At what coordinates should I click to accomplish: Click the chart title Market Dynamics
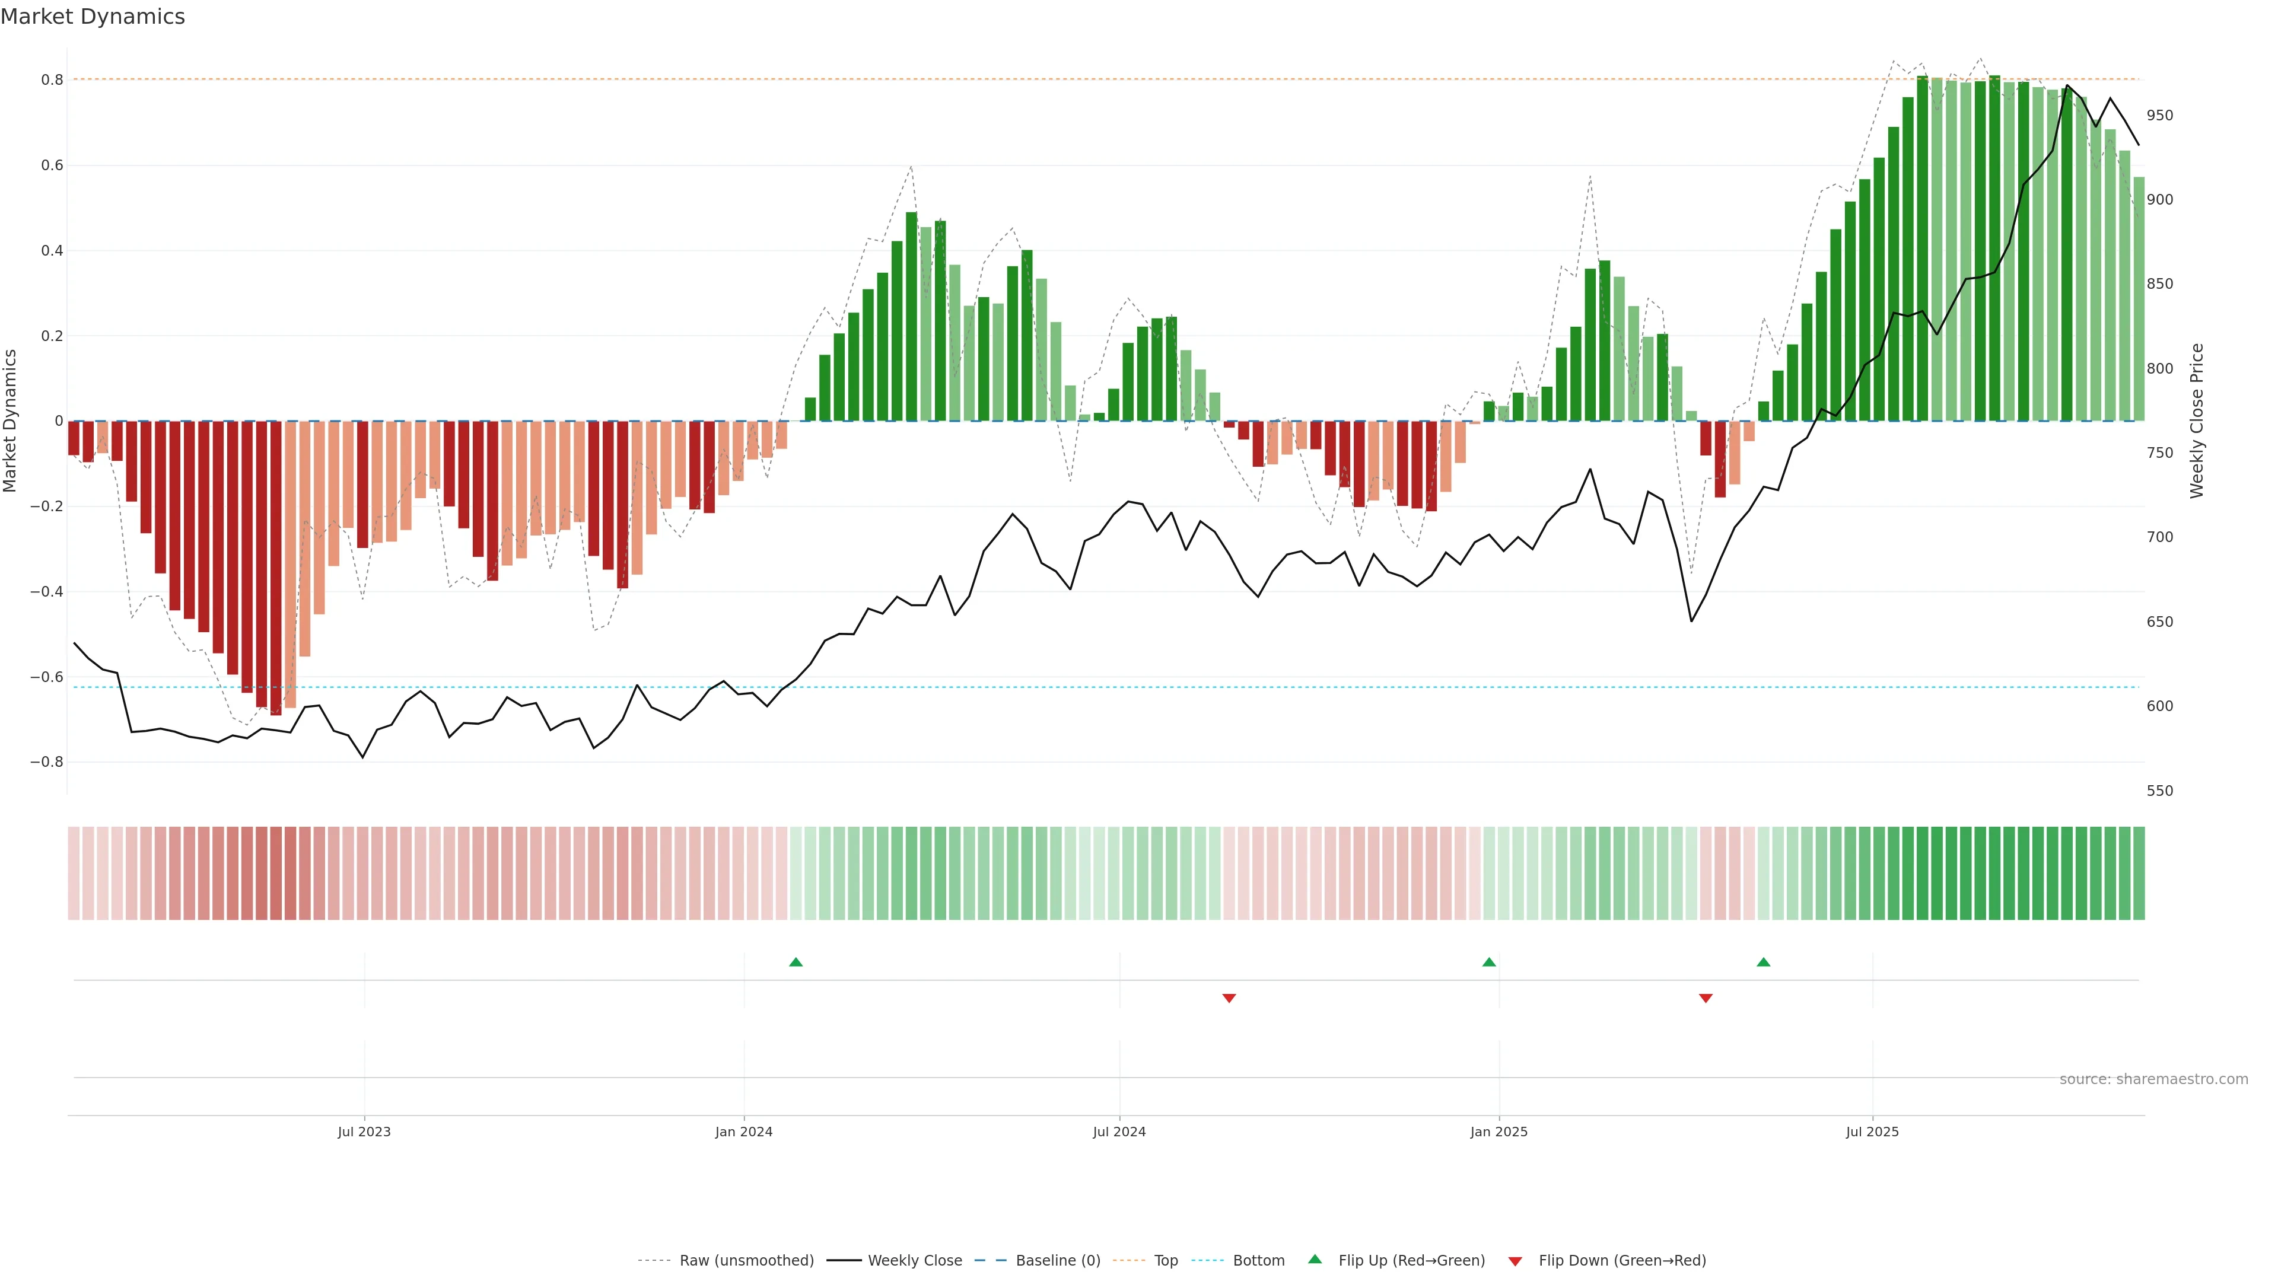tap(93, 17)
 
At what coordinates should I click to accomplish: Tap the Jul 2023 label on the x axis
tap(364, 1132)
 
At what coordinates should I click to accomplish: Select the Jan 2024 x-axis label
tap(744, 1132)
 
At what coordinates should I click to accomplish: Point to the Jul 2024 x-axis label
tap(1119, 1132)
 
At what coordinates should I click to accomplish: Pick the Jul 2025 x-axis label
tap(1872, 1132)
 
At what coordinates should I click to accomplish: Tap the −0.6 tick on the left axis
tap(47, 677)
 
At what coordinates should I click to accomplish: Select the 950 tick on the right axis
tap(2159, 116)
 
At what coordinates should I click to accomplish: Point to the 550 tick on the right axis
tap(2159, 791)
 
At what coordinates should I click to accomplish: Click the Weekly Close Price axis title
tap(2197, 421)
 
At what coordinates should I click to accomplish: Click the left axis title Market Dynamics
tap(11, 421)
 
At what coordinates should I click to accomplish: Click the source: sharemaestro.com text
tap(2153, 1079)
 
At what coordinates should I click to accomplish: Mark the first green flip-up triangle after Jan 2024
tap(796, 962)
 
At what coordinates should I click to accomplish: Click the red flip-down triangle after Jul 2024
tap(1229, 998)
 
